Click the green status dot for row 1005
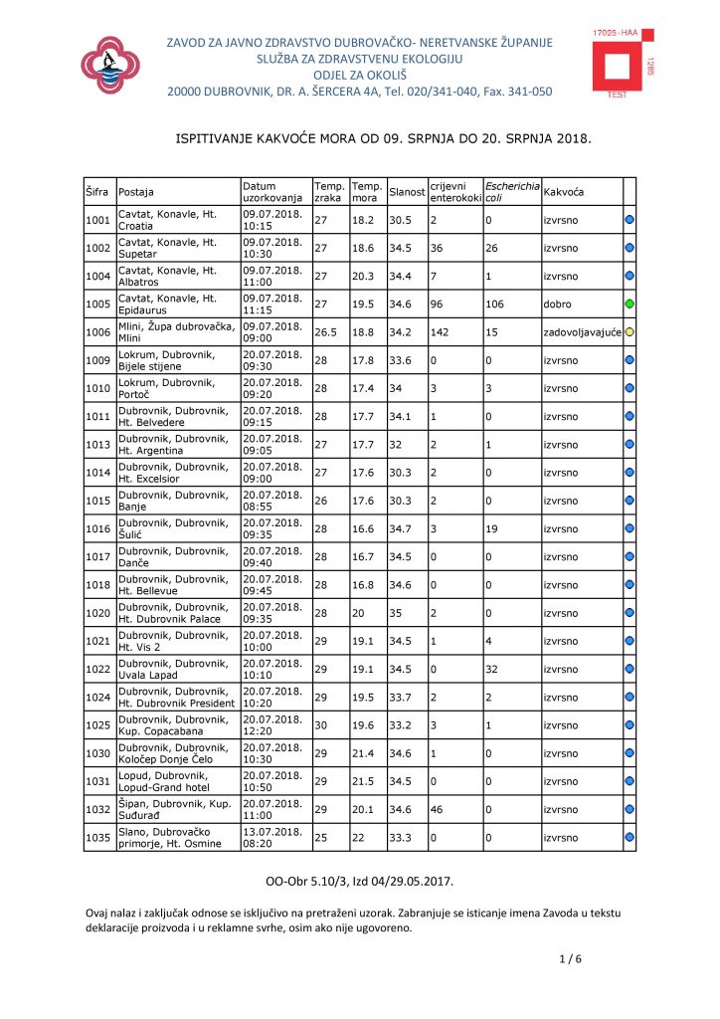(x=630, y=303)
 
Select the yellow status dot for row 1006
(x=630, y=331)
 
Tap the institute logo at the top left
(x=116, y=64)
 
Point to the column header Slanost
(x=407, y=191)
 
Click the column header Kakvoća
(x=564, y=191)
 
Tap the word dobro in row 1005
(x=558, y=303)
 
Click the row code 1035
(x=97, y=838)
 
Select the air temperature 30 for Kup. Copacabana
(x=321, y=726)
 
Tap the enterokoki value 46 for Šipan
(x=437, y=810)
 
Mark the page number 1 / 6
(x=572, y=958)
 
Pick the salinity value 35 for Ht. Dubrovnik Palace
(x=397, y=614)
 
